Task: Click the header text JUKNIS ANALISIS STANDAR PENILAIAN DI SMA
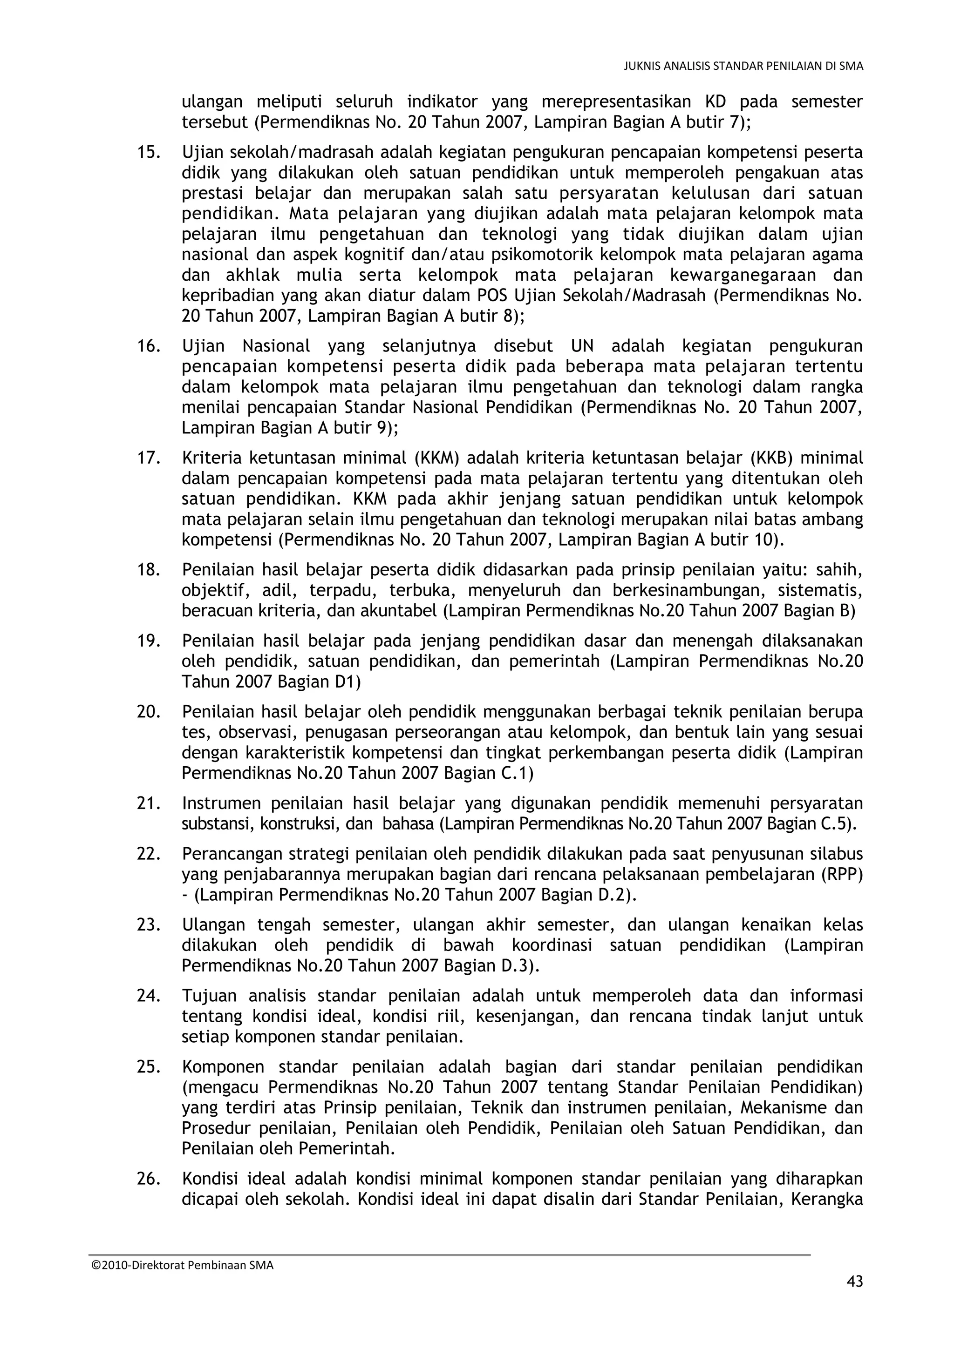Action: pyautogui.click(x=743, y=67)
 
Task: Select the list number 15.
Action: pyautogui.click(x=149, y=153)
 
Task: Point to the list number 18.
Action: pyautogui.click(x=149, y=570)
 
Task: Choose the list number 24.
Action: pyautogui.click(x=149, y=996)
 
